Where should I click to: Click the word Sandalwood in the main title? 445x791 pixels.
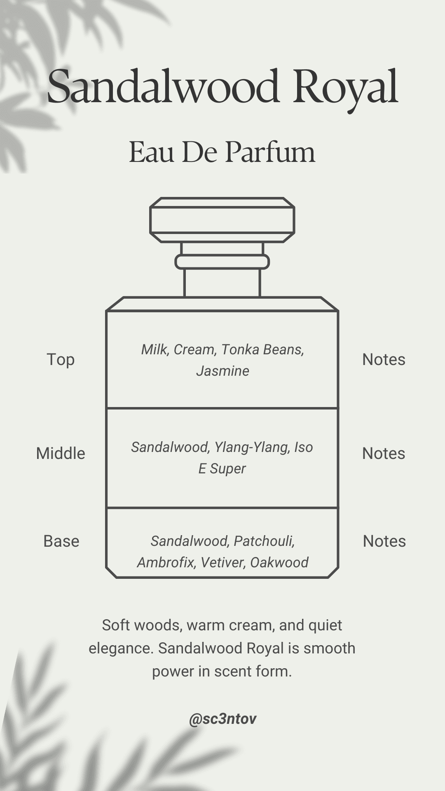click(x=163, y=87)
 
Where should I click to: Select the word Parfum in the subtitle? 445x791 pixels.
click(x=270, y=152)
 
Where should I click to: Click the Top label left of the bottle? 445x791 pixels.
click(x=61, y=360)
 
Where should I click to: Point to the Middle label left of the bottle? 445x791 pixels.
click(x=61, y=454)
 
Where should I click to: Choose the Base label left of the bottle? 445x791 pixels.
click(x=61, y=541)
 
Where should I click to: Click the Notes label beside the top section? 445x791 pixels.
click(x=384, y=360)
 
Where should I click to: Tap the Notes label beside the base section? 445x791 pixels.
click(x=384, y=541)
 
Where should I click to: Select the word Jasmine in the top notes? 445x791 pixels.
click(x=222, y=371)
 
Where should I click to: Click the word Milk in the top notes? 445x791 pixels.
click(x=155, y=350)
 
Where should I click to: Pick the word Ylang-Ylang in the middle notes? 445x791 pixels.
click(x=252, y=447)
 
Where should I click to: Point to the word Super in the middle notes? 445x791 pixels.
click(x=227, y=469)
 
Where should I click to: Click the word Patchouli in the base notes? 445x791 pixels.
click(x=264, y=541)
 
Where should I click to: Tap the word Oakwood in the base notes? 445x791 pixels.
click(x=279, y=563)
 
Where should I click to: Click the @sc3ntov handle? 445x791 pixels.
click(x=222, y=719)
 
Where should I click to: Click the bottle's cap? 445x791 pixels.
click(x=222, y=220)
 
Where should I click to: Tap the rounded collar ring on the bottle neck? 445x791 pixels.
click(x=222, y=262)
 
